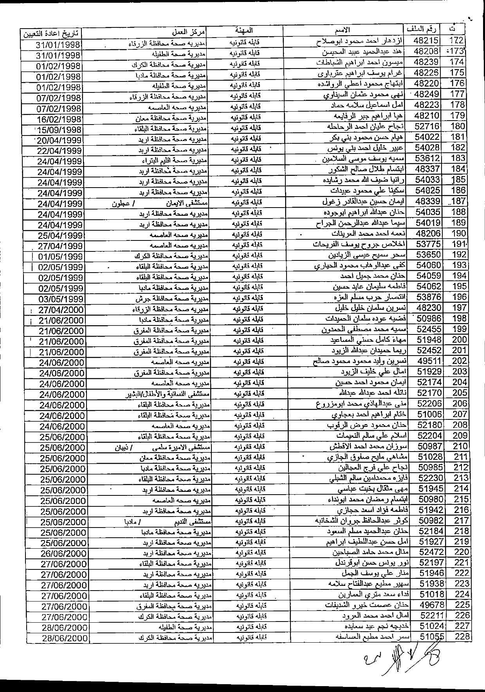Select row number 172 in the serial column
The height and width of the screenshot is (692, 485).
coord(457,41)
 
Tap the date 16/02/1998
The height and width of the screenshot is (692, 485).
coord(59,119)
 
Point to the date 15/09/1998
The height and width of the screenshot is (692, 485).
coord(59,130)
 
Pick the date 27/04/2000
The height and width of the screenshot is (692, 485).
coord(61,309)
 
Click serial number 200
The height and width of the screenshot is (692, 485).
coord(460,340)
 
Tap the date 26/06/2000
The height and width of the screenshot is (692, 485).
coord(62,553)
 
